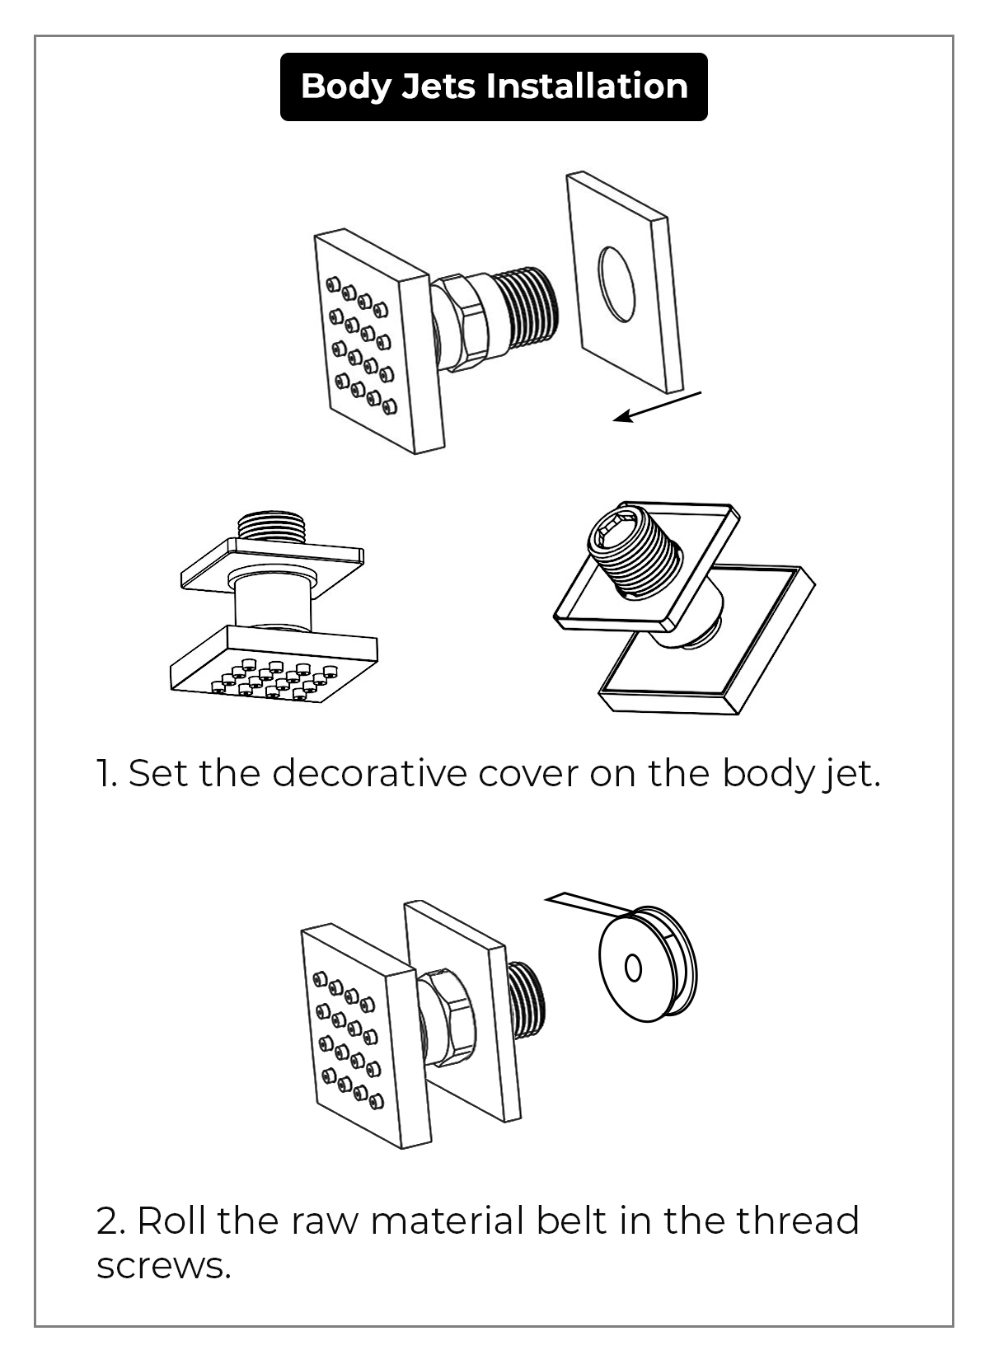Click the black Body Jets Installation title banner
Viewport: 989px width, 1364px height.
[x=494, y=87]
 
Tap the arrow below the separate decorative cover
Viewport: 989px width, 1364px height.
[x=656, y=407]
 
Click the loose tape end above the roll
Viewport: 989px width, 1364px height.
[x=585, y=904]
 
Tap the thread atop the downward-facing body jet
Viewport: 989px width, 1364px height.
[x=271, y=527]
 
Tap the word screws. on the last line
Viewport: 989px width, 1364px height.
[x=163, y=1265]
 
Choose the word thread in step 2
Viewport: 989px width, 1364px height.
[x=797, y=1221]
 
